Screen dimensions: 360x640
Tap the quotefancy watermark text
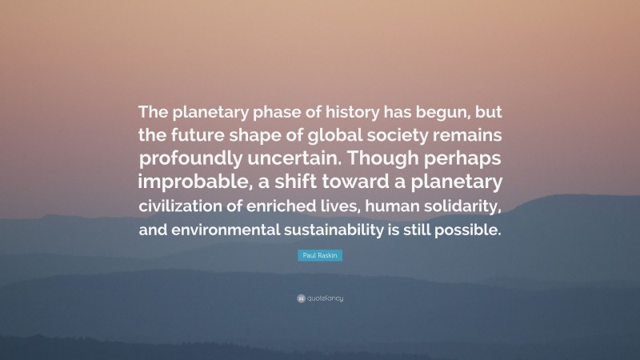coord(326,298)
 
